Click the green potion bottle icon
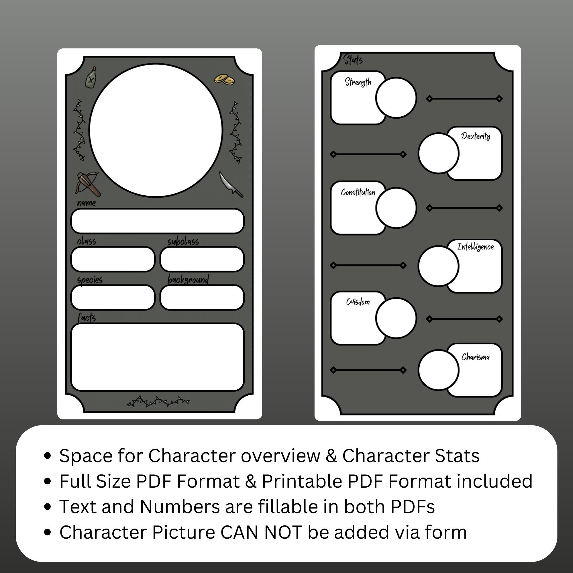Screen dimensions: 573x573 click(91, 77)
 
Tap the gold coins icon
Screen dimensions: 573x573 click(225, 79)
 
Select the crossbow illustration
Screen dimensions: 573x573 click(88, 184)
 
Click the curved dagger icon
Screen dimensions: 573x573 click(230, 184)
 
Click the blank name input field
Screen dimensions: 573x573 click(157, 221)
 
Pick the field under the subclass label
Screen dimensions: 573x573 click(202, 259)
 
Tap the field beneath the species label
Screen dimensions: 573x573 click(113, 297)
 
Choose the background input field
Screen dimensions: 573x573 click(202, 297)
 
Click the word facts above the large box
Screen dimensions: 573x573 click(87, 318)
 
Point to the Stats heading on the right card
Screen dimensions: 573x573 click(353, 60)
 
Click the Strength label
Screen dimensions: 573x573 click(358, 82)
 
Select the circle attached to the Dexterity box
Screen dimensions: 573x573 click(438, 153)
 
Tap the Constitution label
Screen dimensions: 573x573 click(358, 193)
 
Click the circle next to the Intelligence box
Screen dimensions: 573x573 click(438, 266)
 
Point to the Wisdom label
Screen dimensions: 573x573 click(358, 302)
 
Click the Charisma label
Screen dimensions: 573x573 click(475, 357)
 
